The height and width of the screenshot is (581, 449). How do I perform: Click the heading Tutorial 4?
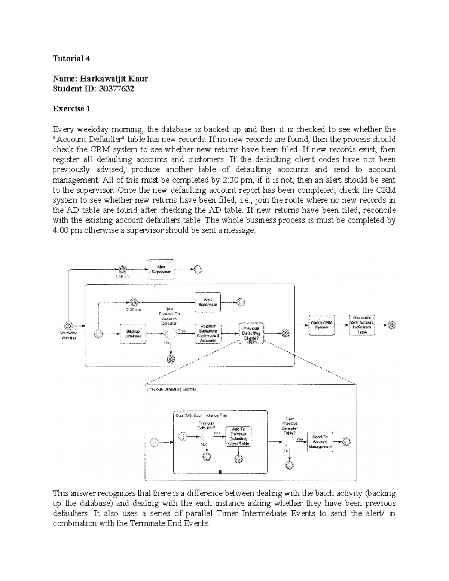(71, 59)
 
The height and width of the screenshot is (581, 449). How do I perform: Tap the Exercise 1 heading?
(71, 109)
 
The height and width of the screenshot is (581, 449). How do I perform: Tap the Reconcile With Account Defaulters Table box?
(362, 325)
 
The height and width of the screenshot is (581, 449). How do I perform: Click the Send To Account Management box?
(320, 442)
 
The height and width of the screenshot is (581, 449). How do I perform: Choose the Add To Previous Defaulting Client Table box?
(238, 436)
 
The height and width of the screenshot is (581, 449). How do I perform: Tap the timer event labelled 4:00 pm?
(122, 269)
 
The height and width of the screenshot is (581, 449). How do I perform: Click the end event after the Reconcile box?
(392, 325)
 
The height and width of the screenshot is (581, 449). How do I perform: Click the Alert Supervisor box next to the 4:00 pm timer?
(161, 269)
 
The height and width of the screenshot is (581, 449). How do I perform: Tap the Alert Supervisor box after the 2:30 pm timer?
(208, 302)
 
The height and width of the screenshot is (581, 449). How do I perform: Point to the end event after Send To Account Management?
(346, 442)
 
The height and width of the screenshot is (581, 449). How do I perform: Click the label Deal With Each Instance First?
(201, 416)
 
